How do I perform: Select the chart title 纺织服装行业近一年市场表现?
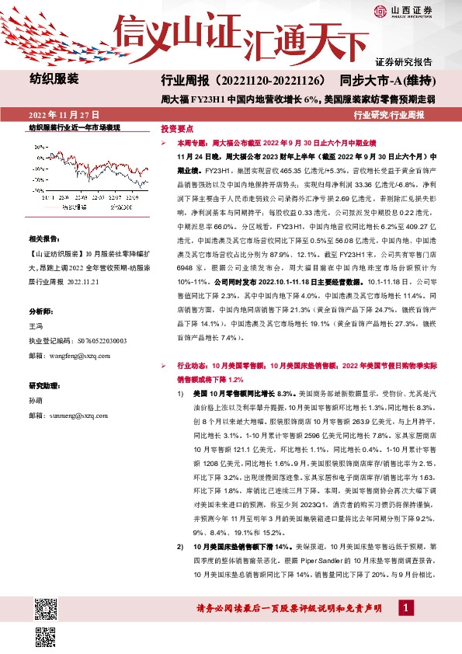point(75,127)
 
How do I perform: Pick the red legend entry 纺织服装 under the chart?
point(83,208)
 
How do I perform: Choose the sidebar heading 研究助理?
point(43,385)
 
